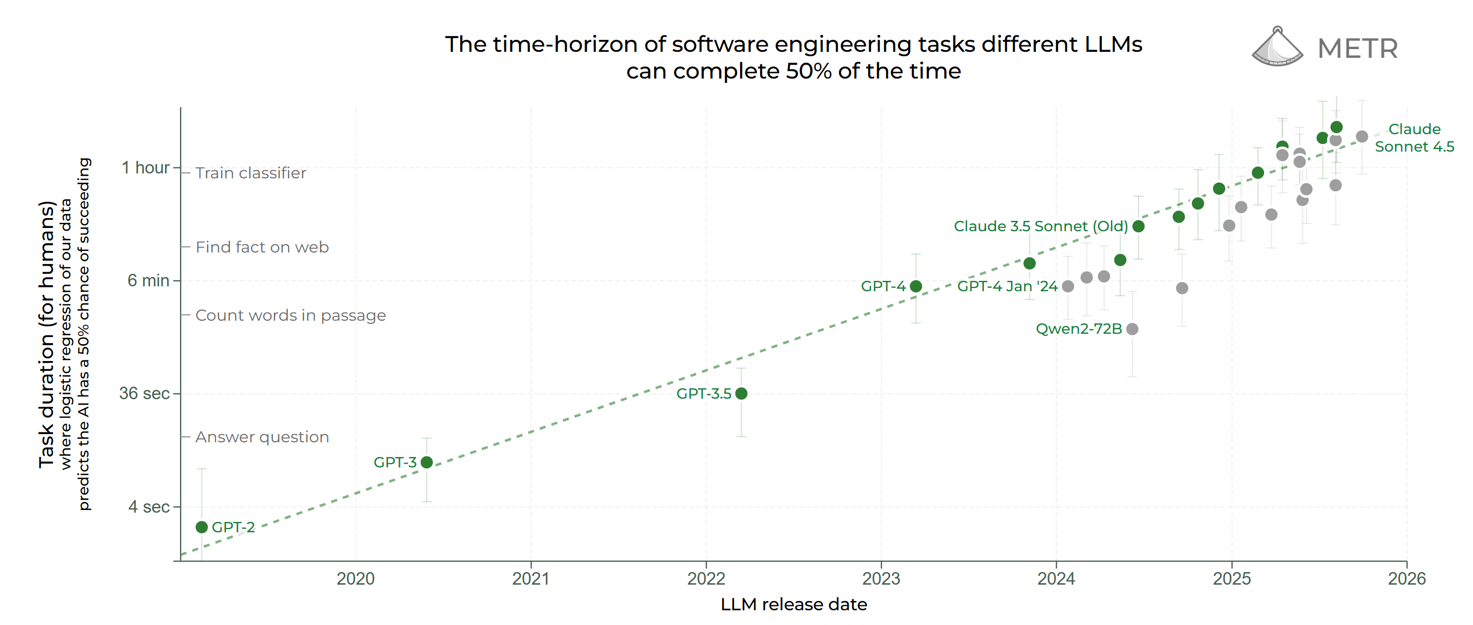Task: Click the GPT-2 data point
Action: pyautogui.click(x=201, y=527)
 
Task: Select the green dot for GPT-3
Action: pyautogui.click(x=427, y=462)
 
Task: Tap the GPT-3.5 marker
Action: pyautogui.click(x=741, y=394)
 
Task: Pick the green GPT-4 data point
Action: pyautogui.click(x=915, y=286)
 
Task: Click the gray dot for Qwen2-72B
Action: pyautogui.click(x=1132, y=329)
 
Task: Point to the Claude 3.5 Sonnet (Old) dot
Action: pyautogui.click(x=1138, y=226)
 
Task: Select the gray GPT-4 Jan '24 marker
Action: pyautogui.click(x=1068, y=286)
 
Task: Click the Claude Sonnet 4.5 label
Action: pyautogui.click(x=1414, y=137)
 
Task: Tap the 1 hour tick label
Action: pyautogui.click(x=145, y=168)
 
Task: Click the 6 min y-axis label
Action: pyautogui.click(x=148, y=280)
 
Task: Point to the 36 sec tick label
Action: pyautogui.click(x=144, y=394)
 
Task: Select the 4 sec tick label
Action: pyautogui.click(x=148, y=507)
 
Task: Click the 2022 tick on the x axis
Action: pyautogui.click(x=706, y=579)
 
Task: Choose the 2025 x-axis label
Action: pyautogui.click(x=1232, y=579)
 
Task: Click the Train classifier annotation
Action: pyautogui.click(x=251, y=173)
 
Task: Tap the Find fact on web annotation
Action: pyautogui.click(x=262, y=247)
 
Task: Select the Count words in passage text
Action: pyautogui.click(x=290, y=315)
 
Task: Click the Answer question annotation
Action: pyautogui.click(x=262, y=437)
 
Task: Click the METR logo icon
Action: pyautogui.click(x=1277, y=47)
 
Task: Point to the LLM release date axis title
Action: pyautogui.click(x=793, y=604)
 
